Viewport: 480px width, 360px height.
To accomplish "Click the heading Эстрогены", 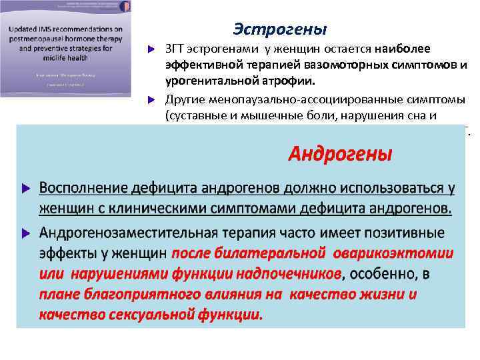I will tap(280, 29).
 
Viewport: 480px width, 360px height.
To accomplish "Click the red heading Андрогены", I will tap(340, 154).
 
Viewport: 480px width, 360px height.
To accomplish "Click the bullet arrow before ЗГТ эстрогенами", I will tap(151, 51).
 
